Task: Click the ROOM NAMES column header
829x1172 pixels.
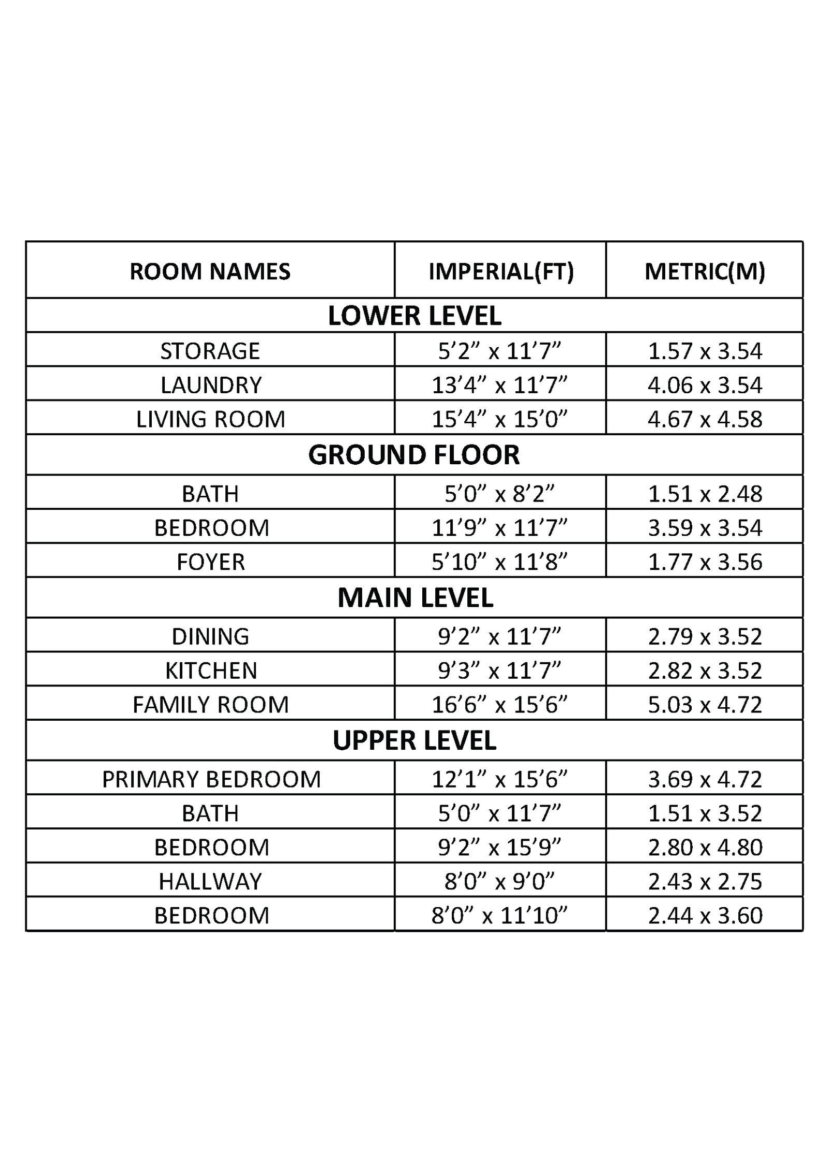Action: coord(210,271)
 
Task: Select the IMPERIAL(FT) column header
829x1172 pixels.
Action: coord(501,271)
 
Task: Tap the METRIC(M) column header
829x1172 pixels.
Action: coord(705,271)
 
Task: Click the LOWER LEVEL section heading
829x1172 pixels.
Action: coord(414,316)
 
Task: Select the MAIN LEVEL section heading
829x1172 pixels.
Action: coord(415,597)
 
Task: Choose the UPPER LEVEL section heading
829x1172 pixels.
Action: coord(414,740)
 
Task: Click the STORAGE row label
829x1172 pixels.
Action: coord(210,351)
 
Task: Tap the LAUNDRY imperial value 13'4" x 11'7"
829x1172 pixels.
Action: coord(499,385)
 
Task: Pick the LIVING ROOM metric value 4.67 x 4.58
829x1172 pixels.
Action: coord(705,419)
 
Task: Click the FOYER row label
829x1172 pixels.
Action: coord(210,562)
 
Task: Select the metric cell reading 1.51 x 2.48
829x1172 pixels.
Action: coord(705,494)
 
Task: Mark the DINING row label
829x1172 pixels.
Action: coord(210,636)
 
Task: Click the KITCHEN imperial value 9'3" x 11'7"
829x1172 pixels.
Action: coord(499,670)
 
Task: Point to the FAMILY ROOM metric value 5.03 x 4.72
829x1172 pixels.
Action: coord(705,705)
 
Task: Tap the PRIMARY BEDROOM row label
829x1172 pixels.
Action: coord(211,779)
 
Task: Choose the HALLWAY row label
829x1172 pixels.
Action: coord(210,881)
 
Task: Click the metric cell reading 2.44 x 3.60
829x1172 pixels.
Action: coord(705,916)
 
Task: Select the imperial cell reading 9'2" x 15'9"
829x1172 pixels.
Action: coord(499,847)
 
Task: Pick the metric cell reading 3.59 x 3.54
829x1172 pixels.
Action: coord(705,528)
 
